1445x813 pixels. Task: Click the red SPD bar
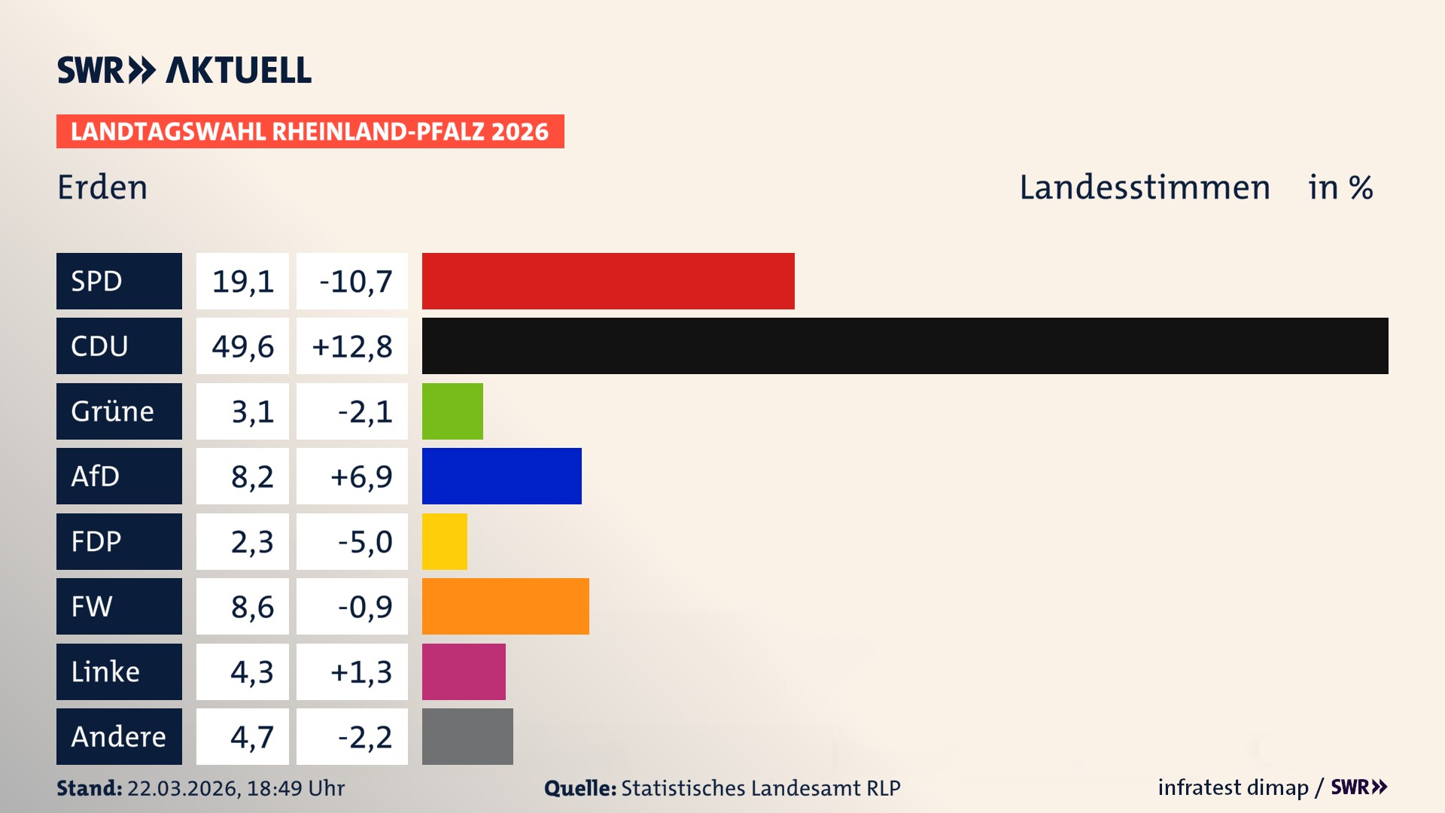point(608,281)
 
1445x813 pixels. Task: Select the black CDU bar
point(905,346)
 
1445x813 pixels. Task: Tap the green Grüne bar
point(452,411)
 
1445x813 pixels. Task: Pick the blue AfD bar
point(501,476)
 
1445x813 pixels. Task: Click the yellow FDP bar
point(444,541)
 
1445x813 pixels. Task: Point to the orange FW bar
point(505,606)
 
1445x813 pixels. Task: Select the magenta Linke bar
point(464,671)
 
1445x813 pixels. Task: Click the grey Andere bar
point(467,736)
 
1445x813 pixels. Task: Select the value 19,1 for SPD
point(242,281)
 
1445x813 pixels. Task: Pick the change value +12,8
point(351,346)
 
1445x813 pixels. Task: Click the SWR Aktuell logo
point(184,70)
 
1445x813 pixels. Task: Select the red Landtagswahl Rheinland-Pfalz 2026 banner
point(310,131)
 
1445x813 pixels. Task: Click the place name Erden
point(102,187)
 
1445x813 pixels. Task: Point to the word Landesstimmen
point(1145,187)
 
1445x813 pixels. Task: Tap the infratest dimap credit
point(1233,787)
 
